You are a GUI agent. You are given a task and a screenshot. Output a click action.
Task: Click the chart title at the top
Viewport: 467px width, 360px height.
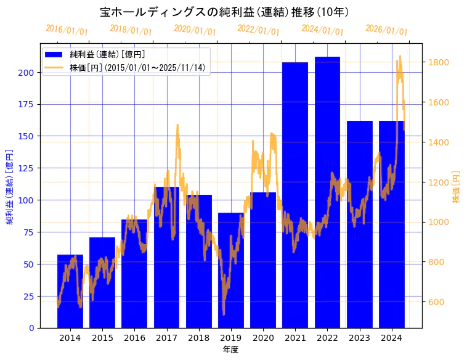point(225,12)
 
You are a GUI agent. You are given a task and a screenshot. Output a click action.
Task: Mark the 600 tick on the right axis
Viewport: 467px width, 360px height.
point(437,302)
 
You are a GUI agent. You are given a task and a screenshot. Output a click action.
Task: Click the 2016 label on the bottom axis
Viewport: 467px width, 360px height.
point(134,338)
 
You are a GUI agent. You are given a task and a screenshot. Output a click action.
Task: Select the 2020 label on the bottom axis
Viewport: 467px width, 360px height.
point(263,338)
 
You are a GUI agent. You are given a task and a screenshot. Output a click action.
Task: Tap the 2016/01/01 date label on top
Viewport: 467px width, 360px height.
point(67,30)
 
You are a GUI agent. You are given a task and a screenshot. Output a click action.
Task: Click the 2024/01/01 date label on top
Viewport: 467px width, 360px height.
point(323,30)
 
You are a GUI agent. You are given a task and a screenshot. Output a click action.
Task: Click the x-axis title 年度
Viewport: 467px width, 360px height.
point(230,350)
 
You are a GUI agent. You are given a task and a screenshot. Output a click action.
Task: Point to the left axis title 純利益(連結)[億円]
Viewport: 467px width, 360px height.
point(10,186)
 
